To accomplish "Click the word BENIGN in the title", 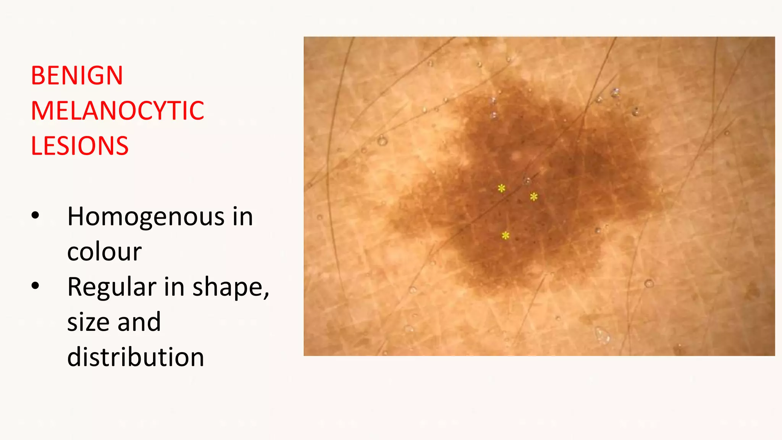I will (x=77, y=76).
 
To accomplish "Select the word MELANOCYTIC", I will (x=118, y=111).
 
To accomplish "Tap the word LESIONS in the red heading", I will (x=80, y=146).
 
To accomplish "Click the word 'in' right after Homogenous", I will (x=243, y=217).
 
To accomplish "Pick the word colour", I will (x=104, y=252).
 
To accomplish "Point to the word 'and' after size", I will (x=139, y=322).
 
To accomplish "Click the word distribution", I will (x=136, y=357).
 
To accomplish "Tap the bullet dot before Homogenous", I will (x=36, y=216).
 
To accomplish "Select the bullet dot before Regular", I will (x=36, y=286).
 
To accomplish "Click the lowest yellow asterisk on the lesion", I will (x=506, y=236).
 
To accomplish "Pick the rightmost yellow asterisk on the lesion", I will (x=534, y=197).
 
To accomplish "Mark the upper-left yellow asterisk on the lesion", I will (x=501, y=188).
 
